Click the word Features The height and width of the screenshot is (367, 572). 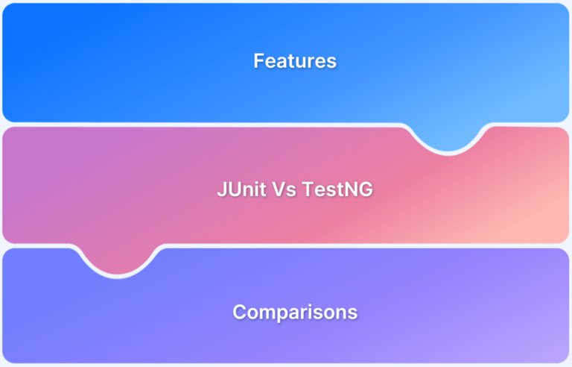click(x=295, y=61)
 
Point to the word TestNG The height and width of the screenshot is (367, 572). click(x=338, y=189)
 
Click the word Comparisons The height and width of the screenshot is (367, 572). click(x=295, y=312)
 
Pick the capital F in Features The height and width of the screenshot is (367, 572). click(x=258, y=61)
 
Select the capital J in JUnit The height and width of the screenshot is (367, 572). click(x=221, y=189)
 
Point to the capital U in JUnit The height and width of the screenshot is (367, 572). click(x=233, y=189)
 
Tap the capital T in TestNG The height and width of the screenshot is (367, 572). click(x=309, y=189)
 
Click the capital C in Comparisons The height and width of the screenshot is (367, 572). click(x=240, y=312)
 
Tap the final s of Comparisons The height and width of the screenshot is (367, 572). click(x=353, y=313)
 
